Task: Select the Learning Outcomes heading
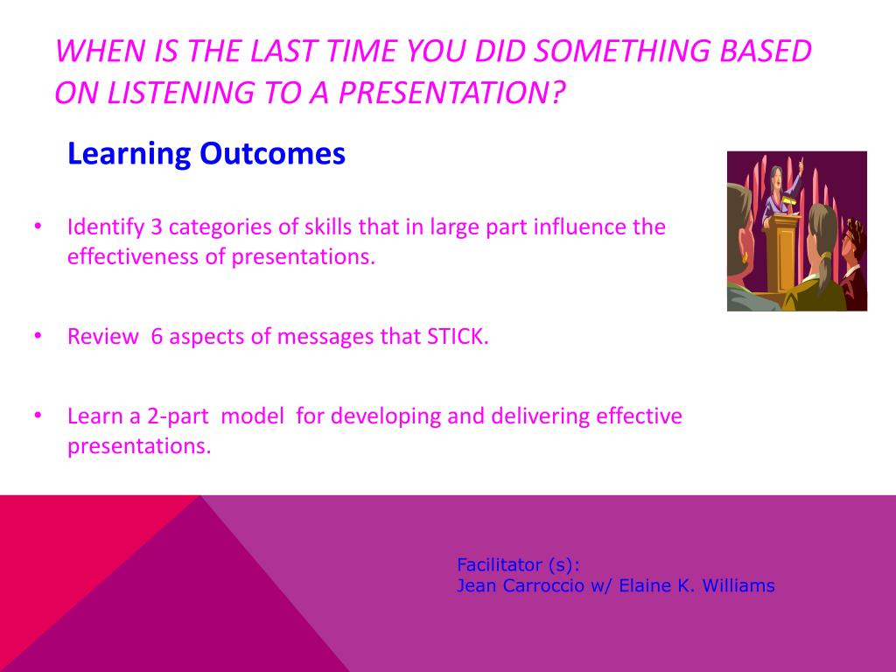[206, 154]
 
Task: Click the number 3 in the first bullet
[157, 227]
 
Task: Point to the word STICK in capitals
[456, 337]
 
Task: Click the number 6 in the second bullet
[157, 337]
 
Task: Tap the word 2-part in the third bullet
[178, 416]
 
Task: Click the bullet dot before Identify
[38, 227]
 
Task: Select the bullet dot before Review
[38, 335]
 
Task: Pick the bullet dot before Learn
[38, 415]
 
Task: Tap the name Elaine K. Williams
[697, 585]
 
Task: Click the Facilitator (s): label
[518, 565]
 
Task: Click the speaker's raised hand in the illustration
[801, 162]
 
